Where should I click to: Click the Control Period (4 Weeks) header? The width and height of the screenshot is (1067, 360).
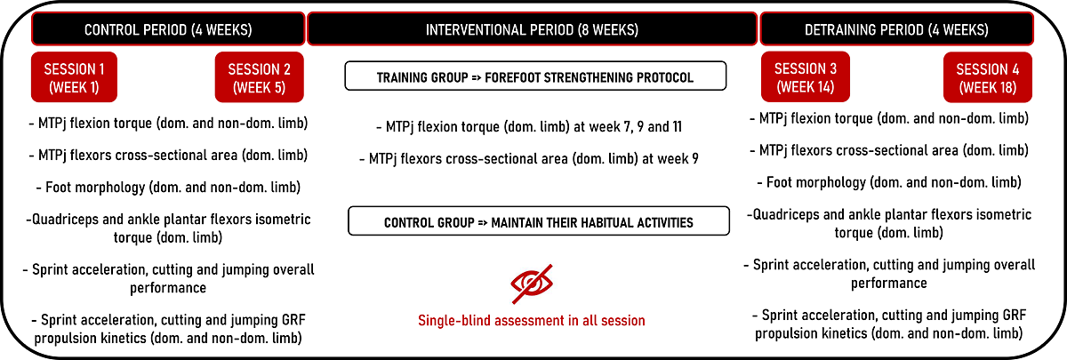tap(168, 29)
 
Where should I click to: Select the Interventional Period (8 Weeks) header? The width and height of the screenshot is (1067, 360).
tap(532, 29)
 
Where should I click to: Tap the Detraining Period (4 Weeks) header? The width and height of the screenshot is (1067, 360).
tap(896, 29)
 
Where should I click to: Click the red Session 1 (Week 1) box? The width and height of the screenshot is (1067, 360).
tap(74, 77)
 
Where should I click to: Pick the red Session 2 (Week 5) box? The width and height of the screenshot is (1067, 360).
tap(259, 77)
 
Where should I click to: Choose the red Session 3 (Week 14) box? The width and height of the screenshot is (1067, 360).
tap(806, 77)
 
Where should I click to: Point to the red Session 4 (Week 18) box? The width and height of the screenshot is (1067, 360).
tap(988, 77)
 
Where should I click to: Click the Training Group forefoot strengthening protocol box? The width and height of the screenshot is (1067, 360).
tap(535, 76)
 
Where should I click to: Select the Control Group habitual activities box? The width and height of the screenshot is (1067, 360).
tap(539, 221)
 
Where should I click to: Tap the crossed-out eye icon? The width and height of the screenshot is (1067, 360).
tap(532, 284)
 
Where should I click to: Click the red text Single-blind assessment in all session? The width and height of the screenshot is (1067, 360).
tap(532, 321)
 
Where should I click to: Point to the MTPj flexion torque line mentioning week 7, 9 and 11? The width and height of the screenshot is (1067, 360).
tap(529, 126)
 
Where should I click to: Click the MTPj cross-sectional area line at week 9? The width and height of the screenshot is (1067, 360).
tap(529, 158)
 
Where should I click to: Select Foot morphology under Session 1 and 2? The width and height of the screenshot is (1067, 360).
tap(168, 188)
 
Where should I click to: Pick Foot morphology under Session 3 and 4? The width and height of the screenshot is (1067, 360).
tap(889, 182)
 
